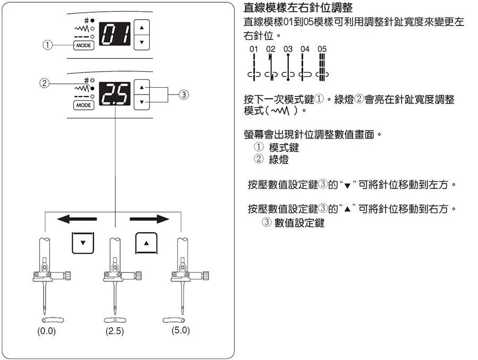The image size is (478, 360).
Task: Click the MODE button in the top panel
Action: click(83, 46)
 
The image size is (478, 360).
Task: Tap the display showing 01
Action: click(115, 34)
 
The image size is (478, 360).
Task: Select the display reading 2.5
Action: click(115, 93)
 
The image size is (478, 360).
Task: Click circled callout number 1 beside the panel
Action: click(47, 45)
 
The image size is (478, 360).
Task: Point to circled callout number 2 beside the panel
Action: click(45, 83)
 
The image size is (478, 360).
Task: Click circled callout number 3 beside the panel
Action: click(184, 95)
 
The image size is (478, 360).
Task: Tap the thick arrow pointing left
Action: click(77, 219)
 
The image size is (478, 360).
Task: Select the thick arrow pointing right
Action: click(149, 219)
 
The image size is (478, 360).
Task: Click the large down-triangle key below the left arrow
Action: click(83, 243)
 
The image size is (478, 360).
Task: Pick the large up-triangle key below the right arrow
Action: click(147, 243)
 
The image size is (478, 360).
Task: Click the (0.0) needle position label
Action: click(47, 331)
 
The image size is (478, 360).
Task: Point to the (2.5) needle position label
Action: click(115, 331)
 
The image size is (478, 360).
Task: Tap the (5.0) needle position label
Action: click(181, 330)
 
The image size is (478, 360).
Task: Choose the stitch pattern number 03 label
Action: click(288, 49)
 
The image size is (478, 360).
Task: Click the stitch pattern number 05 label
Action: click(322, 49)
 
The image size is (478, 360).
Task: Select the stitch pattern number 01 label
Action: click(254, 49)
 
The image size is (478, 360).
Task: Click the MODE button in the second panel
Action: click(83, 105)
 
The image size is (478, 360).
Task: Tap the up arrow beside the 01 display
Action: click(142, 28)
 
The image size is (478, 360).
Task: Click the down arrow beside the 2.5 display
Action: click(142, 102)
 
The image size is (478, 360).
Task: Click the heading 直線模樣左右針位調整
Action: click(298, 7)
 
